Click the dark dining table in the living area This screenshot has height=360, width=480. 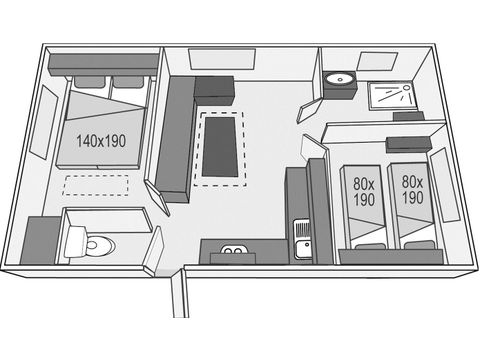222,148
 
